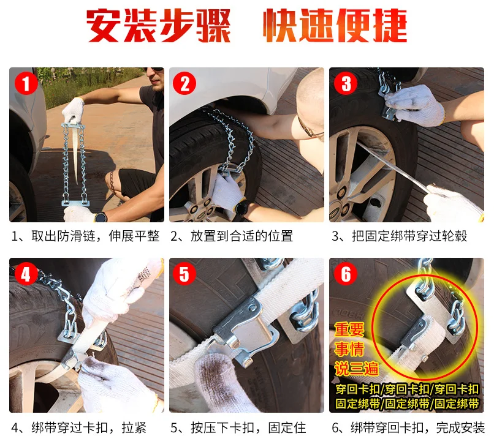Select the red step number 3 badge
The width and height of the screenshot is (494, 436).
[346, 84]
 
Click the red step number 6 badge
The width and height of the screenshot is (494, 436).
[346, 274]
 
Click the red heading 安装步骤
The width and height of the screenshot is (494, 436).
[158, 26]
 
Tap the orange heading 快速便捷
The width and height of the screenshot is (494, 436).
[335, 26]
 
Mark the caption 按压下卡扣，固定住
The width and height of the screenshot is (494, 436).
[238, 427]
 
